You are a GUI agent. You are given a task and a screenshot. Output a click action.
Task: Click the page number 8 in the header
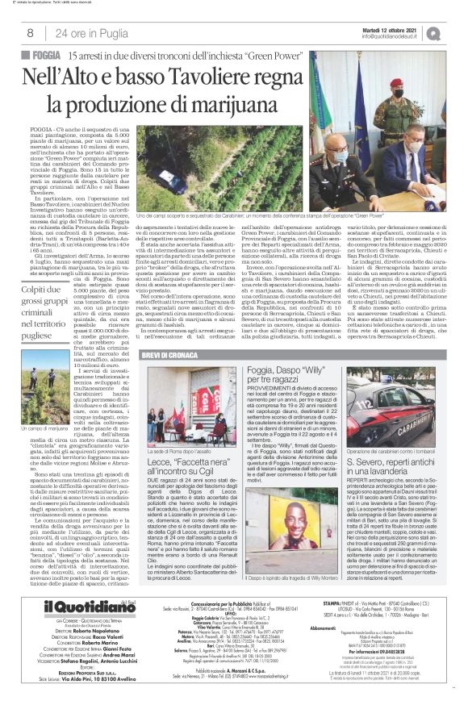29,33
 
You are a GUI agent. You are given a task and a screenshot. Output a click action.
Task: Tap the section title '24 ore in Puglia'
85,33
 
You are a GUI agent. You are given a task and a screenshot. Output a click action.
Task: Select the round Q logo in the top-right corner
456,33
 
